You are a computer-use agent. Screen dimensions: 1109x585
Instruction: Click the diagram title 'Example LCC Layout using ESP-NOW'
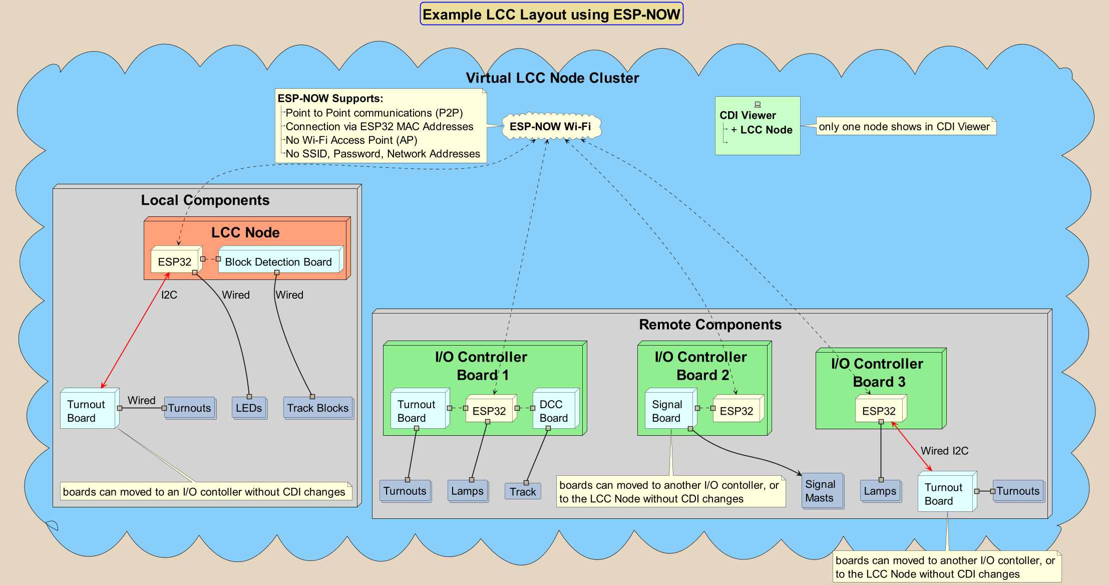(x=551, y=14)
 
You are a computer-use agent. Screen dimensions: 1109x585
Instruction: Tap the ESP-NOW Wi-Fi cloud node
(x=550, y=126)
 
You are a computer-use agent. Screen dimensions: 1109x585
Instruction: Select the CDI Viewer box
(x=758, y=126)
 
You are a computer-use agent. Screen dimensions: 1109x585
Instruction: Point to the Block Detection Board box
(x=279, y=260)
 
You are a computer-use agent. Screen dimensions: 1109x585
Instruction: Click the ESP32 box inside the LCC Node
(x=176, y=260)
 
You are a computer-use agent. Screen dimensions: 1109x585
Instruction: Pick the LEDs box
(x=249, y=408)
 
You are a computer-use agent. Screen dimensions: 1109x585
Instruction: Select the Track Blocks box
(x=318, y=408)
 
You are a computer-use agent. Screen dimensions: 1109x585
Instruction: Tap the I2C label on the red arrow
(x=169, y=295)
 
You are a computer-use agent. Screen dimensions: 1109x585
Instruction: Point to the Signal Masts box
(x=822, y=491)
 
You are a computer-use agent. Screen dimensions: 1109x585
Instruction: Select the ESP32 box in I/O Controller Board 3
(x=880, y=410)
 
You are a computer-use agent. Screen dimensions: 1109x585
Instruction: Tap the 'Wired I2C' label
(x=945, y=451)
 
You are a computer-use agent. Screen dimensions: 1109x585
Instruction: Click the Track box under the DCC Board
(x=523, y=491)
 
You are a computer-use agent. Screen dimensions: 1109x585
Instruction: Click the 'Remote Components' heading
(x=710, y=325)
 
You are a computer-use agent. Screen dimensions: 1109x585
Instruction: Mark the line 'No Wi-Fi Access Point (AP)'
(x=351, y=140)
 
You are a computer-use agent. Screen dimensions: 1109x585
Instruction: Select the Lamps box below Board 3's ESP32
(x=880, y=491)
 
